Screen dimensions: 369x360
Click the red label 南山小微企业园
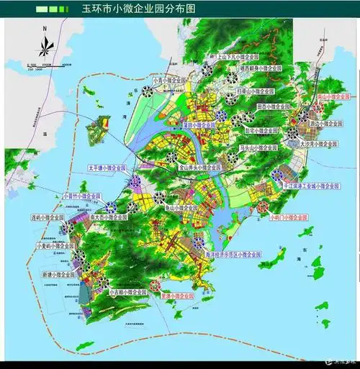(x=332, y=96)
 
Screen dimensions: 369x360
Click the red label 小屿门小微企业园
(x=289, y=216)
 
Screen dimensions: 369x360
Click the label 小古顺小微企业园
(x=130, y=293)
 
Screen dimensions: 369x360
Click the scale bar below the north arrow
(x=45, y=65)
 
